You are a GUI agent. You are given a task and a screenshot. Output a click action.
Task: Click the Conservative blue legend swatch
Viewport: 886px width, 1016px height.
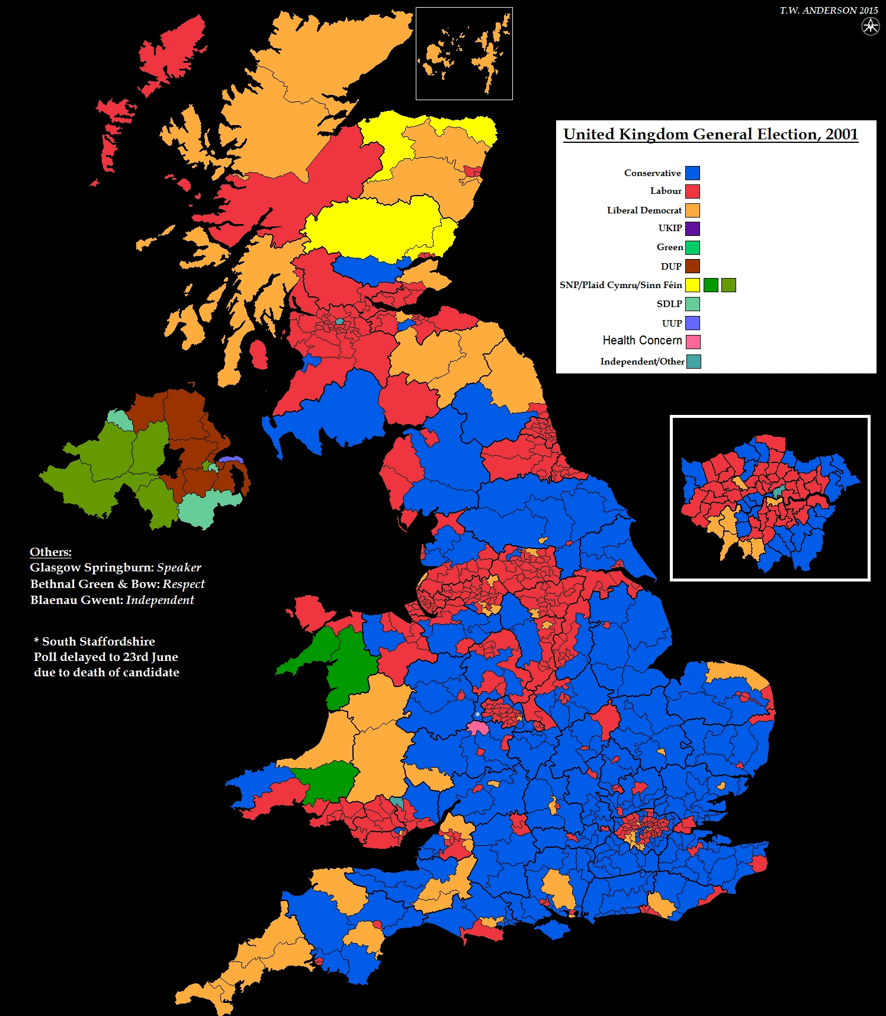pyautogui.click(x=692, y=173)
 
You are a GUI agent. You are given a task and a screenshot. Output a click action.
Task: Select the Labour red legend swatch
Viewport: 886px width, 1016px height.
pyautogui.click(x=692, y=191)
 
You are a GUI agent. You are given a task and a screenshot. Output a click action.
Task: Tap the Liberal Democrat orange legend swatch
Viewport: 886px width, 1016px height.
pyautogui.click(x=692, y=210)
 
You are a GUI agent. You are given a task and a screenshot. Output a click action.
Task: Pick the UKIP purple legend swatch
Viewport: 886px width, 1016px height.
pyautogui.click(x=692, y=229)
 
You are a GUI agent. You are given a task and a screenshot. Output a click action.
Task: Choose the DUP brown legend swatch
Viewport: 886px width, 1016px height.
pyautogui.click(x=692, y=266)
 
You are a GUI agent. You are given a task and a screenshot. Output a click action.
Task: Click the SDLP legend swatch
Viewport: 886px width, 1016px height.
pyautogui.click(x=692, y=304)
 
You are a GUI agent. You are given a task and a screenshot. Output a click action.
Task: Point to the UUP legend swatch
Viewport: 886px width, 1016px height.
pyautogui.click(x=692, y=323)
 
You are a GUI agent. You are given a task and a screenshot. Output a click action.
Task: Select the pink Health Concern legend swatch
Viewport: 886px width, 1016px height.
pyautogui.click(x=693, y=342)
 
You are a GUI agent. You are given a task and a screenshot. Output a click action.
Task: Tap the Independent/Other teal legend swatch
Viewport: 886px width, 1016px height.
pyautogui.click(x=694, y=362)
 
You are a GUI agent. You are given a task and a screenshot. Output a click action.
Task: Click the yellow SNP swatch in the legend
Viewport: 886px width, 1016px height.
pyautogui.click(x=692, y=285)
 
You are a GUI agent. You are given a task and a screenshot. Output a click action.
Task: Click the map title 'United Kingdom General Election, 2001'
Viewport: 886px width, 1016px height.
pyautogui.click(x=711, y=135)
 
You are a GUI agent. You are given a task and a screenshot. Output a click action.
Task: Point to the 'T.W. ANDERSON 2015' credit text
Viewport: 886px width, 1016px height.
pyautogui.click(x=829, y=11)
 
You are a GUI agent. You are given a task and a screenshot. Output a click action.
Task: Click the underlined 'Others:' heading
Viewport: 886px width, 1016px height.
pyautogui.click(x=50, y=552)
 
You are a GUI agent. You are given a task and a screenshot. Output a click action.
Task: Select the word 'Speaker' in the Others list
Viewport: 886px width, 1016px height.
pyautogui.click(x=179, y=567)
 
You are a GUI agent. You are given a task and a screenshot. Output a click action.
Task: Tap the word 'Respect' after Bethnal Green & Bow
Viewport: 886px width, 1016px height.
pyautogui.click(x=184, y=584)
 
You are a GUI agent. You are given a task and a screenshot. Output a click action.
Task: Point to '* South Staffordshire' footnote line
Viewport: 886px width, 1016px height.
pyautogui.click(x=95, y=641)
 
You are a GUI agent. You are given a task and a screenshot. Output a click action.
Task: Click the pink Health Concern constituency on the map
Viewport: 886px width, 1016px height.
pyautogui.click(x=478, y=728)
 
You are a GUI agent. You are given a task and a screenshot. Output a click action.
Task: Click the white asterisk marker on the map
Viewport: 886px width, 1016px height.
pyautogui.click(x=477, y=715)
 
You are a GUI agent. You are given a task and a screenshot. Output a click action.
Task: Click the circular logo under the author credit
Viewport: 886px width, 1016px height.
pyautogui.click(x=870, y=26)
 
